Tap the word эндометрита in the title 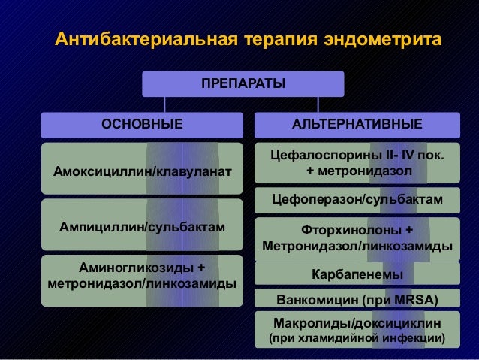pyautogui.click(x=382, y=38)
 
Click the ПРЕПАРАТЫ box pyautogui.click(x=243, y=83)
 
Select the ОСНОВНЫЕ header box pyautogui.click(x=142, y=124)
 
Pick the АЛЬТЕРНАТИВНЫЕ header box pyautogui.click(x=357, y=124)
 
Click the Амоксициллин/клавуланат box pyautogui.click(x=142, y=173)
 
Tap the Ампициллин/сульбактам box pyautogui.click(x=142, y=225)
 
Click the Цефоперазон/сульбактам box pyautogui.click(x=357, y=200)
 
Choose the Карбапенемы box pyautogui.click(x=357, y=274)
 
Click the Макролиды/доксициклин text pyautogui.click(x=357, y=323)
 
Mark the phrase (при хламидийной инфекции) pyautogui.click(x=357, y=340)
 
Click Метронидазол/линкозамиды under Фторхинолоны pyautogui.click(x=357, y=247)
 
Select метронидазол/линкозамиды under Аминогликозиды pyautogui.click(x=142, y=284)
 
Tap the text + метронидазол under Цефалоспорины pyautogui.click(x=357, y=172)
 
